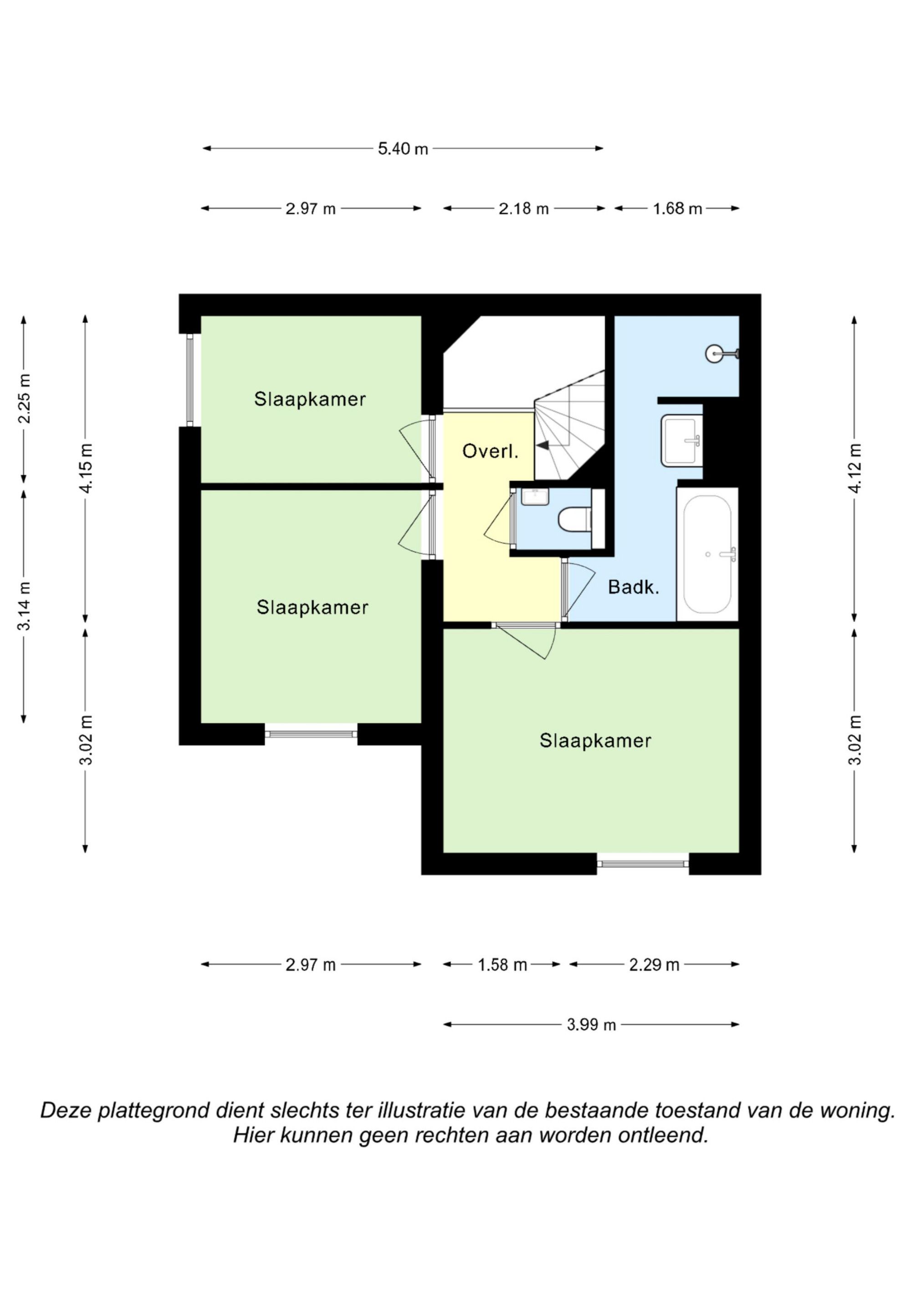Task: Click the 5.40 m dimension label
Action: (x=403, y=149)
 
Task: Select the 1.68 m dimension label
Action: (x=677, y=209)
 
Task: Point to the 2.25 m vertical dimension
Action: (x=24, y=399)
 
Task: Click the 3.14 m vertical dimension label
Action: (x=24, y=606)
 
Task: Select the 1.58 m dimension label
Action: (x=502, y=965)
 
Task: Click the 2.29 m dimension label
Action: (x=654, y=965)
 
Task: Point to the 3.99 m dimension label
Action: (x=591, y=1025)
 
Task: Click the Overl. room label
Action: (x=490, y=452)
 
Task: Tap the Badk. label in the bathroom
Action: (x=633, y=587)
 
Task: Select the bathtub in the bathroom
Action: (x=707, y=554)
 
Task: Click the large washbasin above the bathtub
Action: (x=681, y=441)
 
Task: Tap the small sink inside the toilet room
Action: (x=534, y=496)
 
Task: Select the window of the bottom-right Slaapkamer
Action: (x=643, y=863)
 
